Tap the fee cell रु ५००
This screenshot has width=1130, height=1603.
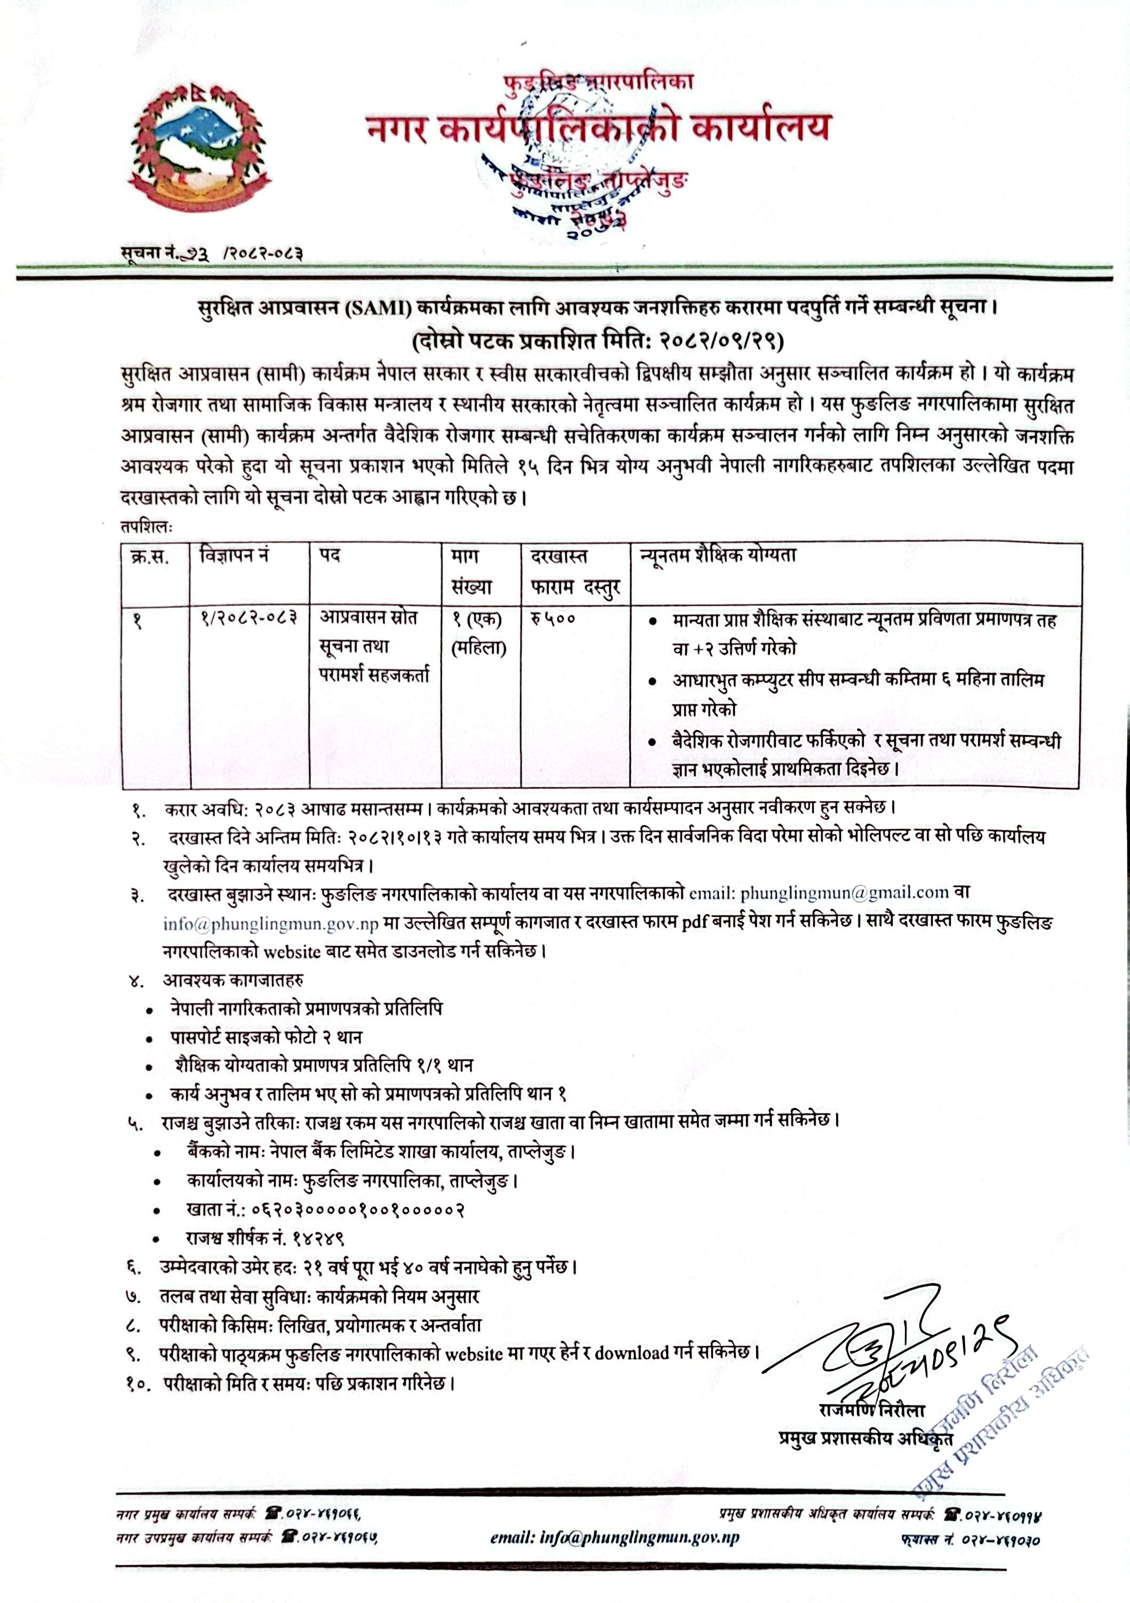(x=553, y=618)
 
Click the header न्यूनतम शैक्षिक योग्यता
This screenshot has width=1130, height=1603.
(x=718, y=557)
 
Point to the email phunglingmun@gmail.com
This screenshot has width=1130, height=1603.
(x=844, y=892)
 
